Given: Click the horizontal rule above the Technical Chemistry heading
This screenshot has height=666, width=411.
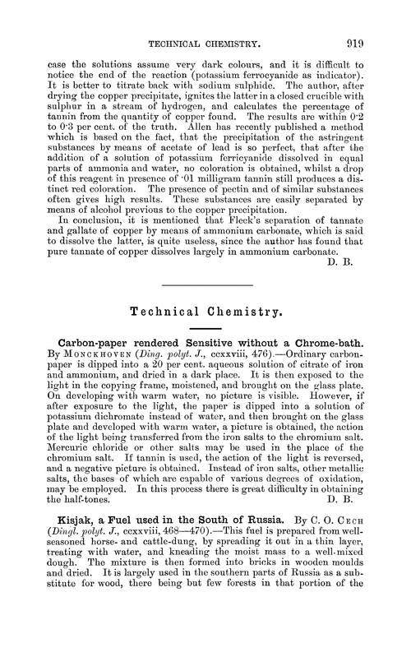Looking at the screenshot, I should pos(205,285).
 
